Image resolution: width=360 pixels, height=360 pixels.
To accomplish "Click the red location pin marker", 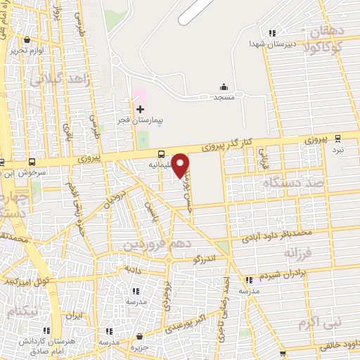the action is pyautogui.click(x=181, y=165).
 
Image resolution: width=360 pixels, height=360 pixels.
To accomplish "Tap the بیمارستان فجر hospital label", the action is pyautogui.click(x=139, y=120).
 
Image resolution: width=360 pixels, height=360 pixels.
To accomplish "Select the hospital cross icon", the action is pyautogui.click(x=140, y=109).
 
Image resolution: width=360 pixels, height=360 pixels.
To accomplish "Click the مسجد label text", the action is pyautogui.click(x=224, y=98).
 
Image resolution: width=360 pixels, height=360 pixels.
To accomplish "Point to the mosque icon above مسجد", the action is pyautogui.click(x=224, y=87).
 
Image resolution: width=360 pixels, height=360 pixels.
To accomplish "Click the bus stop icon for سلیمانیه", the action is pyautogui.click(x=162, y=155).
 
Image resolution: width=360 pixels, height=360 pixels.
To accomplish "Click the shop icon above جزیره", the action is pyautogui.click(x=140, y=336).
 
